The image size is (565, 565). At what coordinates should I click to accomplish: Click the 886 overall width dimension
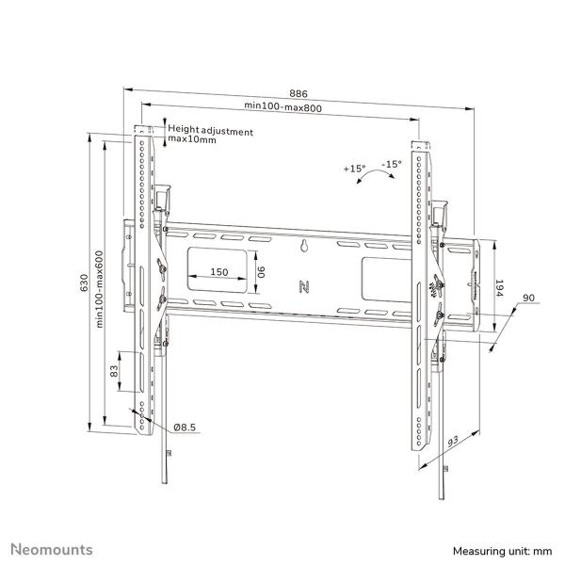pyautogui.click(x=298, y=93)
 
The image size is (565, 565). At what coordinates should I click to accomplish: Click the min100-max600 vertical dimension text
pyautogui.click(x=100, y=282)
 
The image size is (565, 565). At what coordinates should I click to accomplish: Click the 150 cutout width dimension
pyautogui.click(x=218, y=272)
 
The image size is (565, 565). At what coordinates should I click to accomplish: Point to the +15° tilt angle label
pyautogui.click(x=354, y=169)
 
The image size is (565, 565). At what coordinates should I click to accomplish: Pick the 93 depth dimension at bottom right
pyautogui.click(x=454, y=443)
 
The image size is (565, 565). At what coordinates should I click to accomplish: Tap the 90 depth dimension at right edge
pyautogui.click(x=529, y=299)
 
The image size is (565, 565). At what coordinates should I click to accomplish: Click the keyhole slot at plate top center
pyautogui.click(x=304, y=247)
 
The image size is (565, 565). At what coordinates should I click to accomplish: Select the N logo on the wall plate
pyautogui.click(x=304, y=285)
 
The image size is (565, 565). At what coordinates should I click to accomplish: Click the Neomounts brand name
pyautogui.click(x=52, y=548)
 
